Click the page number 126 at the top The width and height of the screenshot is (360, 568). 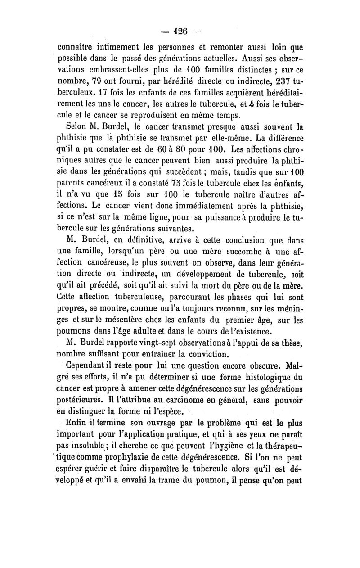(180, 32)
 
